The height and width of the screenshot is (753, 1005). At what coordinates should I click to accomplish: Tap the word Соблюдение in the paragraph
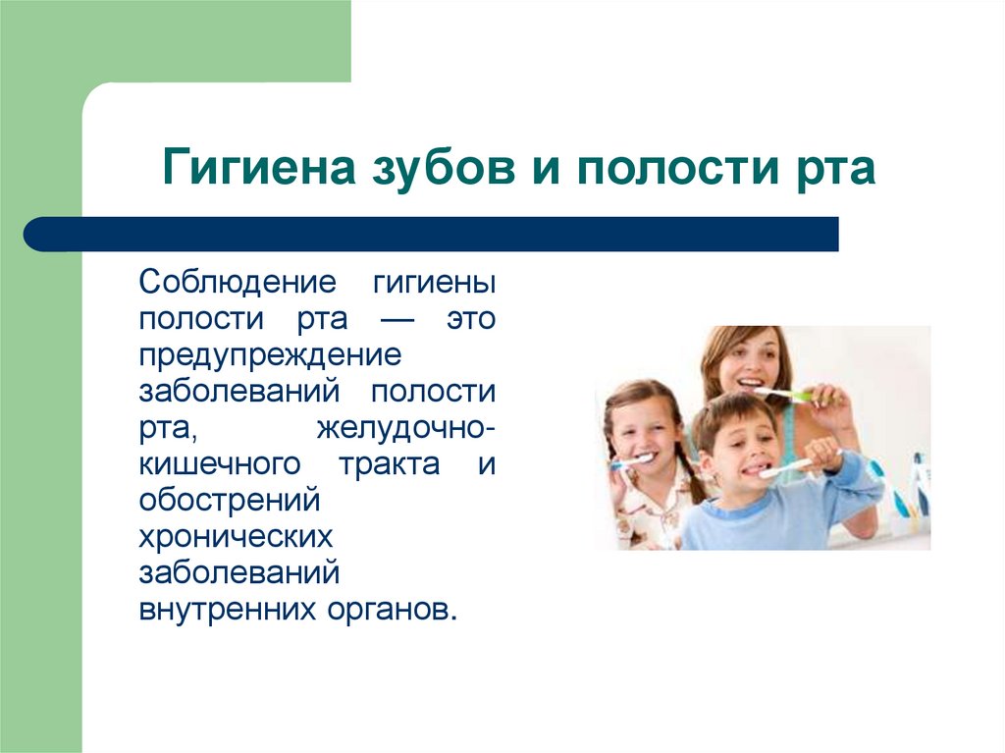pos(238,284)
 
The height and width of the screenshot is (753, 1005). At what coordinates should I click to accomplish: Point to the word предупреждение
pos(269,355)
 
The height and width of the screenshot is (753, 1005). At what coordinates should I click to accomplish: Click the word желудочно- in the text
pos(405,428)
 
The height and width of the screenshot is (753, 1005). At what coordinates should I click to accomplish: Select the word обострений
pos(230,500)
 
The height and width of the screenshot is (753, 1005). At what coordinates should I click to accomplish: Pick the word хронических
pos(236,536)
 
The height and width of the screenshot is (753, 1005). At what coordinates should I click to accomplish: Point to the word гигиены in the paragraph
pos(433,284)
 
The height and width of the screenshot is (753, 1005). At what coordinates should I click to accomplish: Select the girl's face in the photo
pos(643,432)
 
